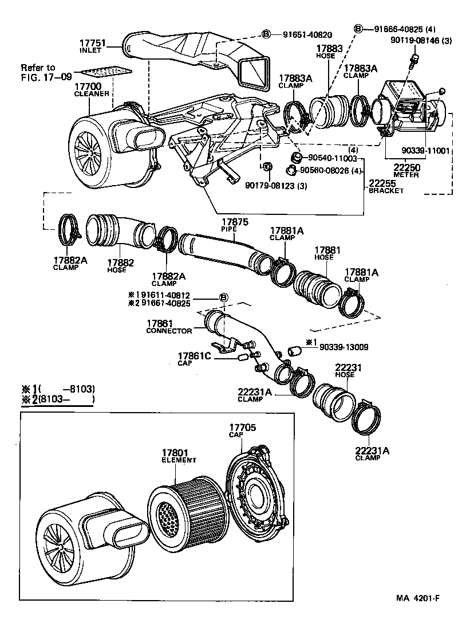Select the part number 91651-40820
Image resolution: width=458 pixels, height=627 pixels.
307,34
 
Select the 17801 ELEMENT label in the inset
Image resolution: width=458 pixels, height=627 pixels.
179,456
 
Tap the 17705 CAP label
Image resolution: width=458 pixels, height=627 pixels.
242,430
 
